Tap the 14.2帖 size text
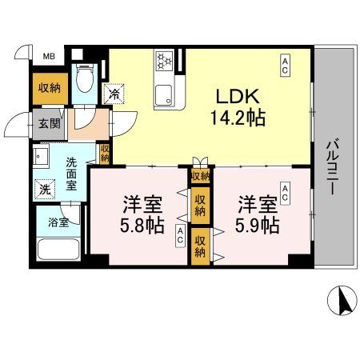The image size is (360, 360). coord(235,117)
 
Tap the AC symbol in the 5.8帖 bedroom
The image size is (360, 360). coord(181,235)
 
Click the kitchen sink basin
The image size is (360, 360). coord(165,93)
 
